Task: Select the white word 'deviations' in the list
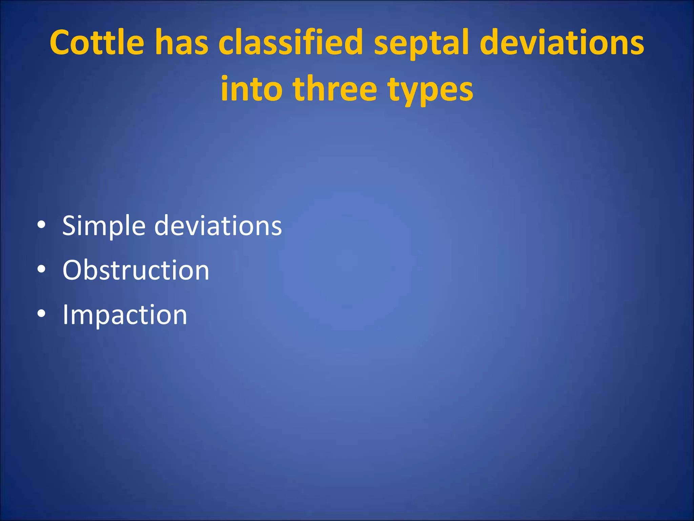tap(218, 226)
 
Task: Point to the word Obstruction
tap(136, 270)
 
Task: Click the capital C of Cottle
tap(60, 42)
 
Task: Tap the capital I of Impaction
tap(65, 314)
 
